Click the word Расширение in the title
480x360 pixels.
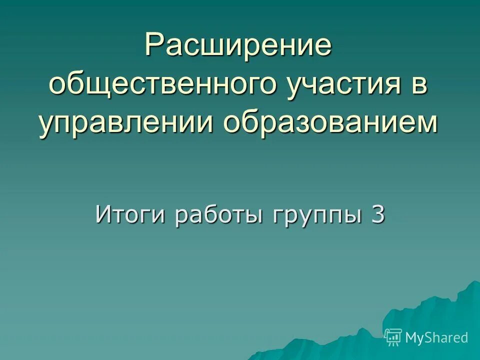239,45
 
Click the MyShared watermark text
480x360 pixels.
436,337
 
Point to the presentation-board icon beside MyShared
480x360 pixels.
393,337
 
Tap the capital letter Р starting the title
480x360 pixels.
154,45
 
